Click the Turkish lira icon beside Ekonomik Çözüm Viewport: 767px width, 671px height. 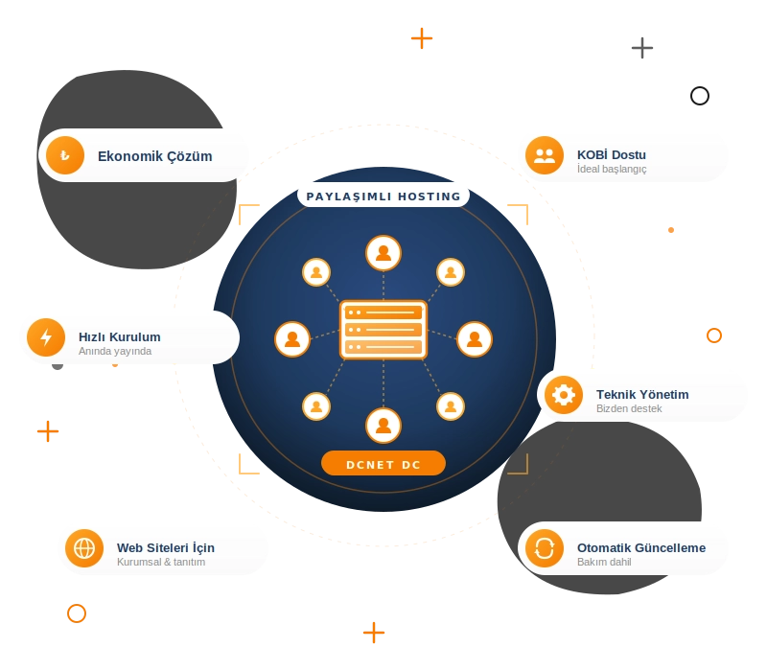[x=65, y=155]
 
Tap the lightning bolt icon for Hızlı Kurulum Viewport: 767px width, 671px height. [x=46, y=337]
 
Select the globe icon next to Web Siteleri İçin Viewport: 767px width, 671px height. [x=84, y=548]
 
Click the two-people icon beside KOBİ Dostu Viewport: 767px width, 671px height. [x=545, y=155]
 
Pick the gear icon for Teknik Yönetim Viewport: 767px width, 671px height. [x=564, y=395]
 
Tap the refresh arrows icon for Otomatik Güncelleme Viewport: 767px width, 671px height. [x=545, y=548]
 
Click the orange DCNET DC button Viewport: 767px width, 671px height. [x=383, y=464]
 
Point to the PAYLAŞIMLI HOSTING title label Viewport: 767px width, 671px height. [x=383, y=197]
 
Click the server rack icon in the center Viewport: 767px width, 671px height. [x=383, y=330]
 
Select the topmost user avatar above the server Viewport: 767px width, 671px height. [x=383, y=253]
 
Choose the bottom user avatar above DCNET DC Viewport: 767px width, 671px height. [x=383, y=426]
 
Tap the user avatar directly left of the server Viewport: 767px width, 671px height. [x=292, y=339]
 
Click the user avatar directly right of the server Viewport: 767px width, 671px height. [x=475, y=339]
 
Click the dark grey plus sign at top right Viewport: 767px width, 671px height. [x=642, y=48]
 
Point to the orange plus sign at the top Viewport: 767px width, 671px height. [x=422, y=38]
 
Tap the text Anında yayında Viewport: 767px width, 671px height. [x=115, y=351]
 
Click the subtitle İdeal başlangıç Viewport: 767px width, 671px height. [x=612, y=169]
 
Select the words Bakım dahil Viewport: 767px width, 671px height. [x=604, y=562]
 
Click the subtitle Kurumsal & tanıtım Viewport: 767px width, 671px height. [x=161, y=562]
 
